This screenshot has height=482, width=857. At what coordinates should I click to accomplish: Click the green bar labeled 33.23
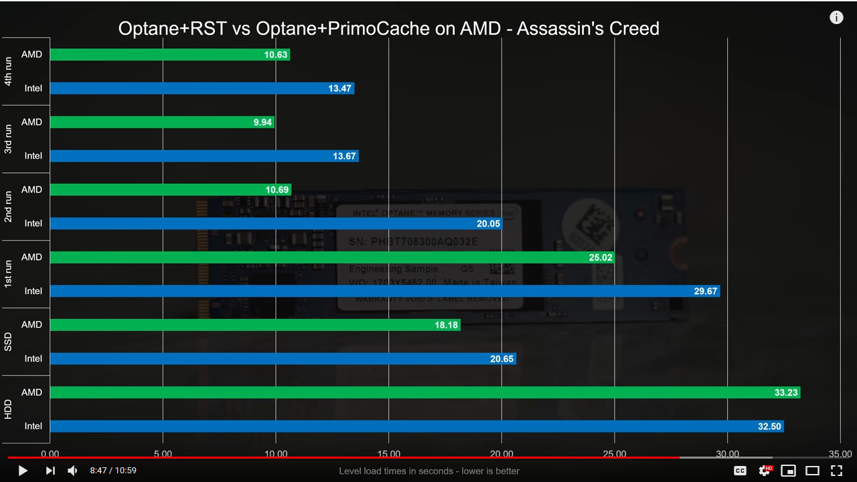(425, 392)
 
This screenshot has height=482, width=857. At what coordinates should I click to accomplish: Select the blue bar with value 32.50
(416, 427)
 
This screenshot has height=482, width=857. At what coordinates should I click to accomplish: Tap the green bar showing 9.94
(162, 122)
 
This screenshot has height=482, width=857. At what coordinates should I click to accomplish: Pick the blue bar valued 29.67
(385, 291)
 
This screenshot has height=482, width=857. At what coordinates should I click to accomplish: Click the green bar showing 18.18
(255, 325)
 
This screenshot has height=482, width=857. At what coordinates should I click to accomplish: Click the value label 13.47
(339, 89)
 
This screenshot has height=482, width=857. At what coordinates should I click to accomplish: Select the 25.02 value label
(599, 257)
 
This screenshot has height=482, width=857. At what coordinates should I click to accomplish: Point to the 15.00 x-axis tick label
(389, 454)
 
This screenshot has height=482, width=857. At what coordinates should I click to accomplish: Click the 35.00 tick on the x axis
(840, 454)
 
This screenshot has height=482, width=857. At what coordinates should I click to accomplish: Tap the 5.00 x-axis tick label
(163, 454)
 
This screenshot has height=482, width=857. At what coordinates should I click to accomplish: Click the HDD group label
(8, 409)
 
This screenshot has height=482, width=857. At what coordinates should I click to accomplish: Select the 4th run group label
(8, 72)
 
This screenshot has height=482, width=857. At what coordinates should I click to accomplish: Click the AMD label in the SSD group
(31, 325)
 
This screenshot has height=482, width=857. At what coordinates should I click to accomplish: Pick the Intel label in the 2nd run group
(33, 224)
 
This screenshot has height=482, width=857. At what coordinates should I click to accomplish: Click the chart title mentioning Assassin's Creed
(388, 29)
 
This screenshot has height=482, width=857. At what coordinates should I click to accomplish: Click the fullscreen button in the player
(836, 471)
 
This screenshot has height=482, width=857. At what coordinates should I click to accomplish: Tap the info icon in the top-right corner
(836, 17)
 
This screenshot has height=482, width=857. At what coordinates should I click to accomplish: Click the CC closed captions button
(740, 471)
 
